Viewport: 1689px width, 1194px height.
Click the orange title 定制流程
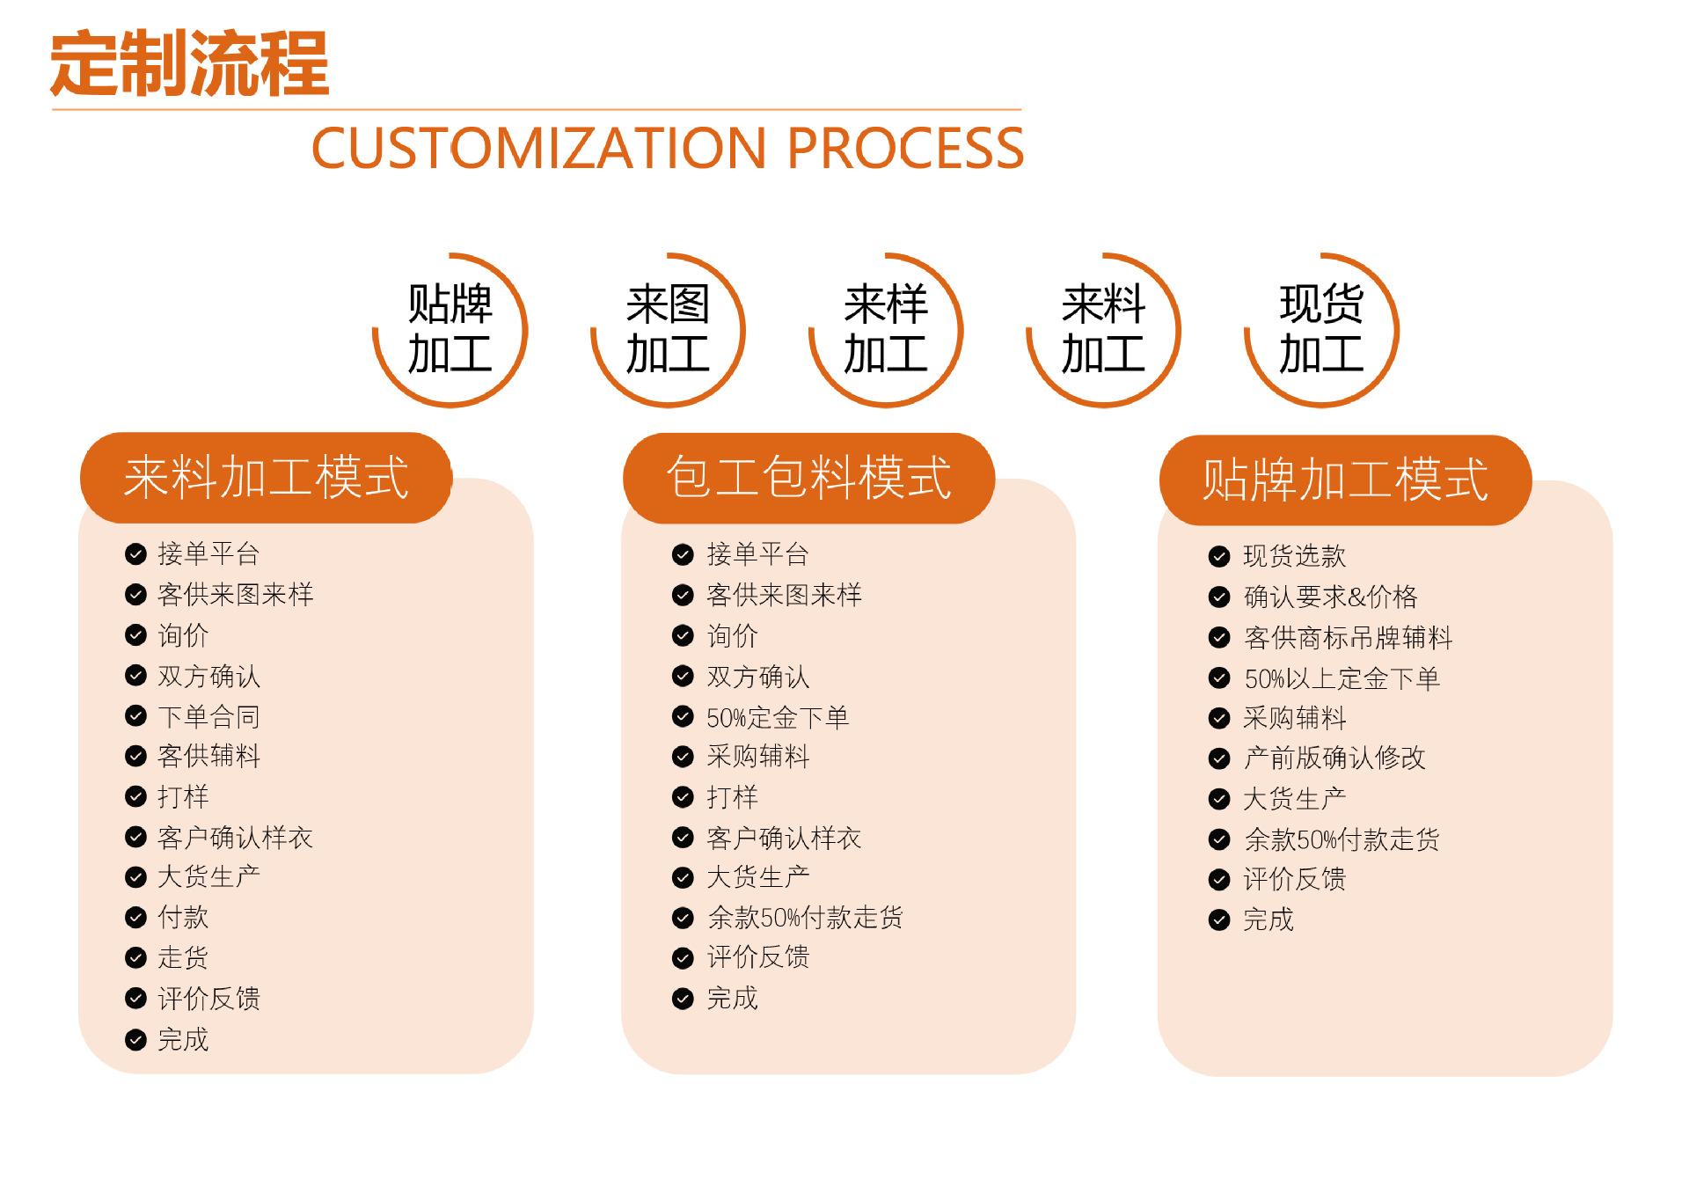pyautogui.click(x=189, y=63)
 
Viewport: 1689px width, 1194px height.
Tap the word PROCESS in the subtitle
pyautogui.click(x=905, y=148)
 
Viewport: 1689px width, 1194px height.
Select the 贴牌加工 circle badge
pyautogui.click(x=450, y=330)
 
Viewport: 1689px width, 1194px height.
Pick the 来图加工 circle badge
pyautogui.click(x=668, y=330)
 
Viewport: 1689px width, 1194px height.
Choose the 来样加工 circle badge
pyautogui.click(x=886, y=330)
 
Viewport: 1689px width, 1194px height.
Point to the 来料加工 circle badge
pyautogui.click(x=1103, y=330)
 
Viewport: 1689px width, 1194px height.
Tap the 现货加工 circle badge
pyautogui.click(x=1321, y=330)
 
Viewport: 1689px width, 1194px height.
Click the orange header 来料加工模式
pyautogui.click(x=266, y=478)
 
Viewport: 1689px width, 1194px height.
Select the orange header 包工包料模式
pyautogui.click(x=808, y=478)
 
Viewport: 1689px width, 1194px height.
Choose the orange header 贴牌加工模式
pyautogui.click(x=1345, y=480)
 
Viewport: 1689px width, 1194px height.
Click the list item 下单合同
pyautogui.click(x=208, y=716)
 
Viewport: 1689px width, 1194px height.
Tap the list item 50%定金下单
pyautogui.click(x=778, y=718)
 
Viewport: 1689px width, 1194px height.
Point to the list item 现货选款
pyautogui.click(x=1294, y=556)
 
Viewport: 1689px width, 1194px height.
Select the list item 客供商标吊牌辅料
pyautogui.click(x=1348, y=638)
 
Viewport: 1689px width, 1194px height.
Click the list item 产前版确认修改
pyautogui.click(x=1334, y=758)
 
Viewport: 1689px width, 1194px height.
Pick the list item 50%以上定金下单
pyautogui.click(x=1342, y=678)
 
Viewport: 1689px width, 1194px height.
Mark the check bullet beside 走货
pyautogui.click(x=135, y=957)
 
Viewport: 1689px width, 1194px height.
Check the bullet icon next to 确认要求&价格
pyautogui.click(x=1219, y=597)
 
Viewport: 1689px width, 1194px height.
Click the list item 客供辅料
pyautogui.click(x=208, y=756)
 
